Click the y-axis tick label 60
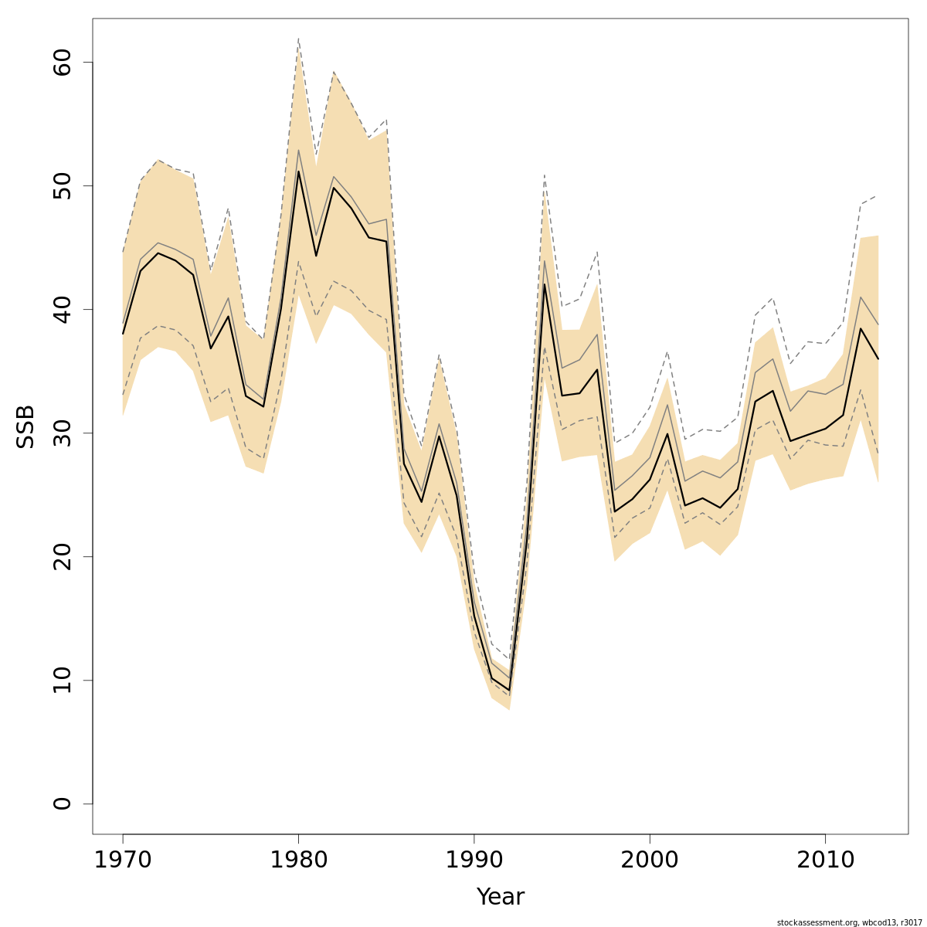click(62, 62)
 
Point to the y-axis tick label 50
click(62, 185)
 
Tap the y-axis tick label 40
click(62, 309)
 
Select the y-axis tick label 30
click(62, 433)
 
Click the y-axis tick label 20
click(62, 556)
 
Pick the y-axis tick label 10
click(62, 680)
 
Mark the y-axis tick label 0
click(62, 803)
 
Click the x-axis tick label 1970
click(123, 860)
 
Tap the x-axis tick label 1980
click(298, 860)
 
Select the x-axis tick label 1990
click(474, 860)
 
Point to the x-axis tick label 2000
click(650, 860)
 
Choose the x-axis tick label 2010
click(825, 860)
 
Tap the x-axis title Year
click(500, 897)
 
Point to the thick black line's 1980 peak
click(298, 171)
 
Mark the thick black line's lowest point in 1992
click(509, 690)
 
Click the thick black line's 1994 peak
click(545, 284)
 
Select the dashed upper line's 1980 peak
click(298, 38)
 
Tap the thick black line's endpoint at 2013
click(878, 358)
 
